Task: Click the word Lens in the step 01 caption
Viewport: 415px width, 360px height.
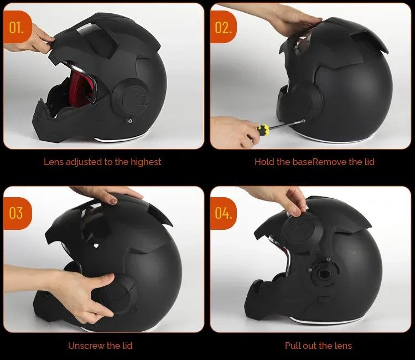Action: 55,162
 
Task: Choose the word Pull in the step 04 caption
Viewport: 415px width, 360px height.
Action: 293,346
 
